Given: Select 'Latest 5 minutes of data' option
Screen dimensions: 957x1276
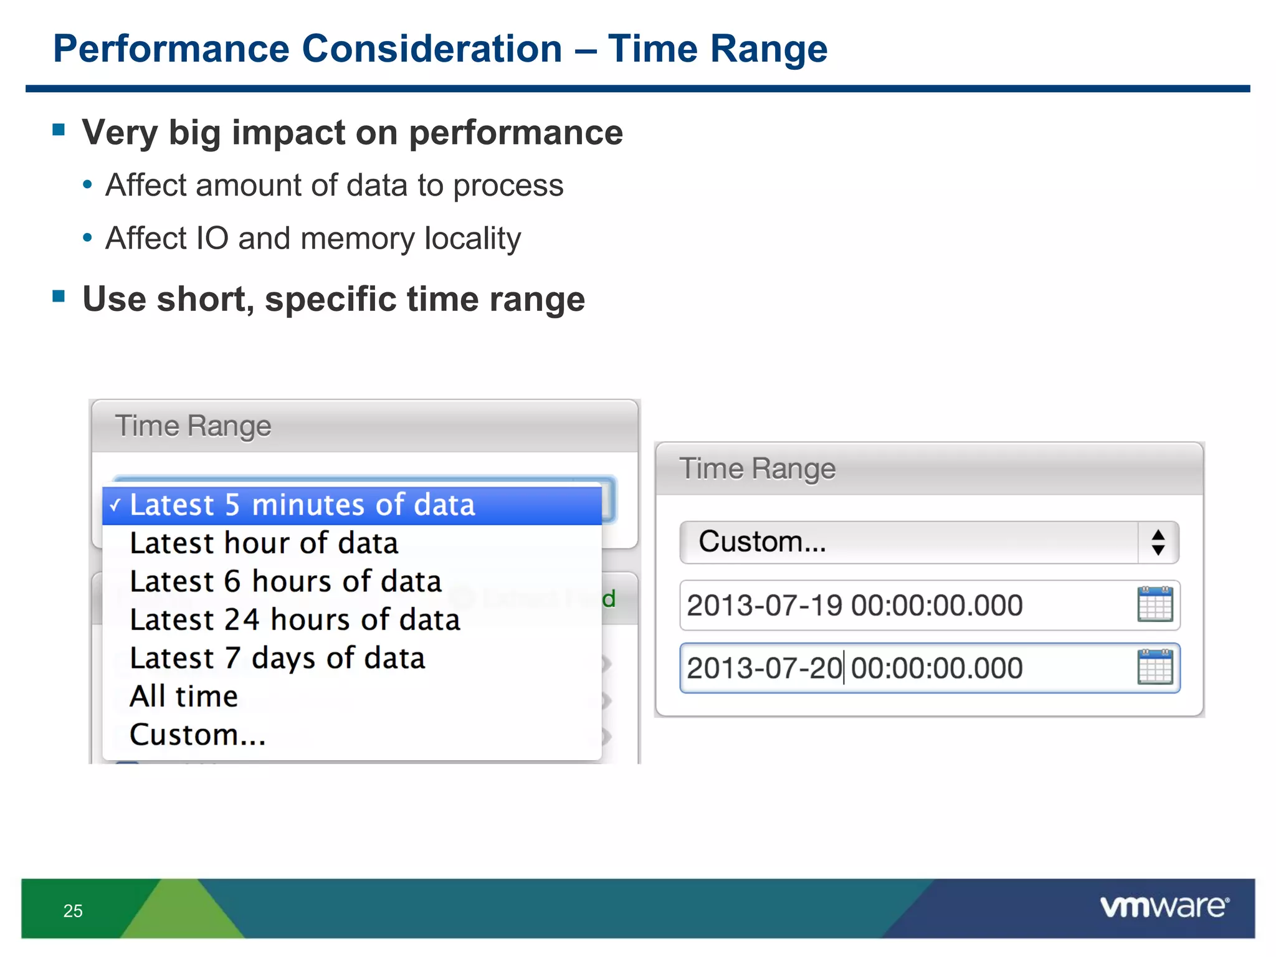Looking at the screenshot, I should coord(302,505).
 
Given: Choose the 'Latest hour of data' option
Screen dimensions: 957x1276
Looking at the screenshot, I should coord(264,543).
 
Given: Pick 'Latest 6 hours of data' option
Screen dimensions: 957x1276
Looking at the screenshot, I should coord(285,582).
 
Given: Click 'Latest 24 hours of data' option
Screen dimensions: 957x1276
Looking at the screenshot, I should coord(295,620).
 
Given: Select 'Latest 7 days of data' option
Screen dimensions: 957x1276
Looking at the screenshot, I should coord(277,659).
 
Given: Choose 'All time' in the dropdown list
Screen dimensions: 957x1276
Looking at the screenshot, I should coord(184,697).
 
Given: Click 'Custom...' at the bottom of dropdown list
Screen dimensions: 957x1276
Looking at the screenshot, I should coord(198,735).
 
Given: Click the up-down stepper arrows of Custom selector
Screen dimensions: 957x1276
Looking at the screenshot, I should coord(1158,543).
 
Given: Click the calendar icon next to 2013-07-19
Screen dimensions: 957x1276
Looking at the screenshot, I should coord(1155,604).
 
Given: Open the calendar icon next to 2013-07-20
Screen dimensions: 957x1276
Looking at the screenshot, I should coord(1155,667).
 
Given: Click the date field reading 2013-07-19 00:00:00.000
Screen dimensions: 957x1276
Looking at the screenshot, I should coord(872,606).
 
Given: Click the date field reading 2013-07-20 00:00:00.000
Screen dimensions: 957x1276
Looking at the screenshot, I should coord(872,669).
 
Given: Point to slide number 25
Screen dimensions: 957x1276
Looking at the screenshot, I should coord(73,911).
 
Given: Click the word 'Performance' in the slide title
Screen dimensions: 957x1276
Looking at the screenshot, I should coord(171,49).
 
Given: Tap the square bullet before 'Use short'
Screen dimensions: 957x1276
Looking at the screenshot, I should coord(59,297).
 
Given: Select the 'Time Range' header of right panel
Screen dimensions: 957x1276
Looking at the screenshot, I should coord(757,469).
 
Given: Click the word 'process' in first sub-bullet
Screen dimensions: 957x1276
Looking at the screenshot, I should coord(508,186).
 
